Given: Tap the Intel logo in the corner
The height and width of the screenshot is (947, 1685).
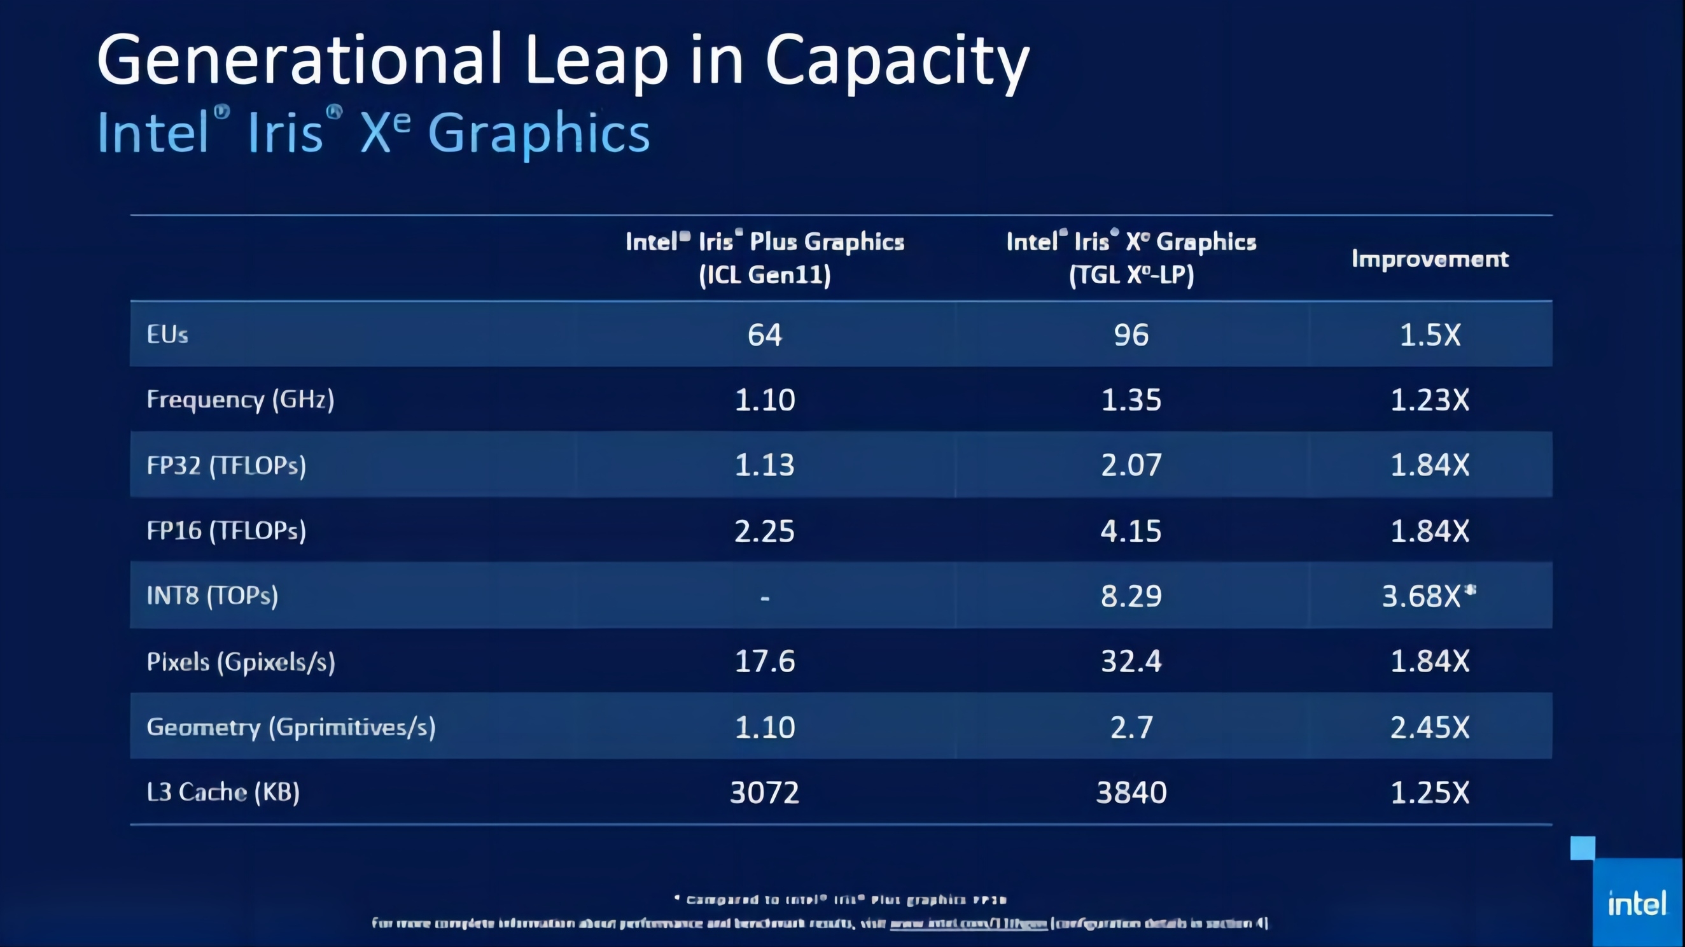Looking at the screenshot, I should coord(1637,904).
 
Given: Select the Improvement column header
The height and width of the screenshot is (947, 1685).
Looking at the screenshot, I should coord(1430,259).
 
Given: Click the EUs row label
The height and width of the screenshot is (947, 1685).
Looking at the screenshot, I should coord(167,334).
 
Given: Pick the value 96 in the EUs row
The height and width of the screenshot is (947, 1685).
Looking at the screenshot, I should coord(1131,335).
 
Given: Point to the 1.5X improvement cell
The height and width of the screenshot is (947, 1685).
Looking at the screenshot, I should coord(1430,335).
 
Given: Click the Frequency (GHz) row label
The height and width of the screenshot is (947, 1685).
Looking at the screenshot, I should coord(240,400).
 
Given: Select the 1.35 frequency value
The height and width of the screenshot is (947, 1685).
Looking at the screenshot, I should coord(1131,400).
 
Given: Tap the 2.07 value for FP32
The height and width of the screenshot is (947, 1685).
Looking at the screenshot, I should coord(1131,465).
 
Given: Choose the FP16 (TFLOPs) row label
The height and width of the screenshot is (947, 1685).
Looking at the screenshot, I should coord(227,530).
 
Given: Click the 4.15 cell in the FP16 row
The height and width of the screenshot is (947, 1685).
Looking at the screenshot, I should coord(1131,530).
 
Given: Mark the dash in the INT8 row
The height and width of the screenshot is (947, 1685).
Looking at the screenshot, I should coord(765,597).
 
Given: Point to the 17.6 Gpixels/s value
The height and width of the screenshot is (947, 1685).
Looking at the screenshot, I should coord(765,661).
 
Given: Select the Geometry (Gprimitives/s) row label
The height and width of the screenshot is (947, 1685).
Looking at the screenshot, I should coord(291,727).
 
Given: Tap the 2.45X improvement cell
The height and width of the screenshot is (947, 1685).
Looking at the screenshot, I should coord(1430,727).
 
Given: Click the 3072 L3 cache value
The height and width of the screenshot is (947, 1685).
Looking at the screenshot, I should coord(765,792).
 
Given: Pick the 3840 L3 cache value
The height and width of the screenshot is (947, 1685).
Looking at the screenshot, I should coord(1131,792).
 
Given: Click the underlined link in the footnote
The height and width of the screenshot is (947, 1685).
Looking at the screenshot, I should coord(968,923).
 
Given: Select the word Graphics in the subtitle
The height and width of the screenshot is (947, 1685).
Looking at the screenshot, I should coord(539,133).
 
